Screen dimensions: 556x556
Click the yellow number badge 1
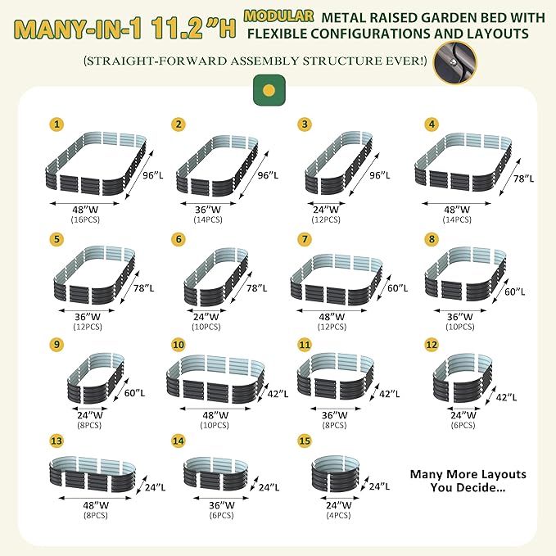57,124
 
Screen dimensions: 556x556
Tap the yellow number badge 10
179,345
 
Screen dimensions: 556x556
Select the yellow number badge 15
305,441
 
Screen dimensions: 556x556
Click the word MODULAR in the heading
278,16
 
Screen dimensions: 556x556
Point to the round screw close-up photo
454,63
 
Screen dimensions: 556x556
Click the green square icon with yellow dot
269,90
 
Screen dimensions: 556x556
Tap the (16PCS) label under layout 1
85,219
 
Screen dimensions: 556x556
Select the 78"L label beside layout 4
523,179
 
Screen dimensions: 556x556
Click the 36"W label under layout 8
460,317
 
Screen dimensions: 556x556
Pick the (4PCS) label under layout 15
339,515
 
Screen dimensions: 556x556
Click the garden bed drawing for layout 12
463,380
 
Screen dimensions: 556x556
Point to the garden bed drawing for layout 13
93,474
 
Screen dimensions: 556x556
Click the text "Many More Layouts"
468,474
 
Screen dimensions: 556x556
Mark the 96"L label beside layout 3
380,175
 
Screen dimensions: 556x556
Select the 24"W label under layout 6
206,316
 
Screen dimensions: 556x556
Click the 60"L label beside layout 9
134,393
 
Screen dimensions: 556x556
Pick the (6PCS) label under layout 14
222,515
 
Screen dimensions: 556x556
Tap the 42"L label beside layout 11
389,394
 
